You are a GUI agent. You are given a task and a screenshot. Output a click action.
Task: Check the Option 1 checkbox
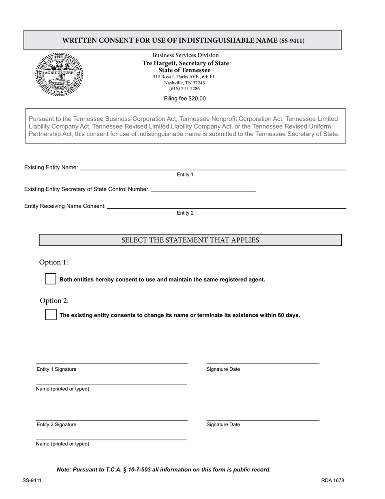50,279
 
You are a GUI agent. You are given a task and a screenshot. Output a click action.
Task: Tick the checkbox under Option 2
51,315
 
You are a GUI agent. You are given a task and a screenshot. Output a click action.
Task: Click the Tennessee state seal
59,74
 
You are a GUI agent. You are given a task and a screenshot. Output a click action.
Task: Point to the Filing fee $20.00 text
185,99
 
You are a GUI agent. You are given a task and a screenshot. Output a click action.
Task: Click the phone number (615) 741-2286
184,88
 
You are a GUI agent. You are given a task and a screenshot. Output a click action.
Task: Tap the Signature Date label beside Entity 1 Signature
223,369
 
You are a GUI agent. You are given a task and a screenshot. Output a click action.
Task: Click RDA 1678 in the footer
332,480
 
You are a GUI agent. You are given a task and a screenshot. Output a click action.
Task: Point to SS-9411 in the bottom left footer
32,480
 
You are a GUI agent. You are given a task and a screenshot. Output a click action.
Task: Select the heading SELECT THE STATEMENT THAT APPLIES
190,240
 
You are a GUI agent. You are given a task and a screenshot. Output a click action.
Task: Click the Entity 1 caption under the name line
185,175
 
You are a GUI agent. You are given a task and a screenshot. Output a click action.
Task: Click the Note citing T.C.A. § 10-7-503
164,470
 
